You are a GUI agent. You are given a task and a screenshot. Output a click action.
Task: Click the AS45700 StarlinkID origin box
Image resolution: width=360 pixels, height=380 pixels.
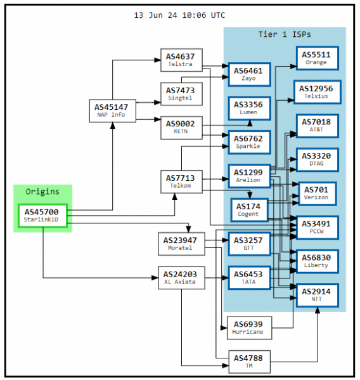coord(42,214)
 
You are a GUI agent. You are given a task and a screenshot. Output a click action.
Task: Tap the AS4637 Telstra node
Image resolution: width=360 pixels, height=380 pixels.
coord(181,60)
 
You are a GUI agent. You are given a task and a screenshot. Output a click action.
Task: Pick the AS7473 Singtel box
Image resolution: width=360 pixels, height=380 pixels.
coord(181,94)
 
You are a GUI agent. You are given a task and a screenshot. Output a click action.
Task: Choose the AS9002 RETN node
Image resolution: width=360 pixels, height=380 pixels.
coord(181,128)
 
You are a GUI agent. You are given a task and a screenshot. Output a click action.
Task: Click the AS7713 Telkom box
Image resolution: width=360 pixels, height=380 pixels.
coord(181,181)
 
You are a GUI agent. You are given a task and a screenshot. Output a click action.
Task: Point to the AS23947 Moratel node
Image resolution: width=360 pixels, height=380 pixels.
coord(181,244)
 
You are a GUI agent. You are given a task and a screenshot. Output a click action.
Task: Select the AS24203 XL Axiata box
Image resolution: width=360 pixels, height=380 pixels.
coord(181,278)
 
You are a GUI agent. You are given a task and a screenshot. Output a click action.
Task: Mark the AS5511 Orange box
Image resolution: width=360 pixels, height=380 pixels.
coord(316,58)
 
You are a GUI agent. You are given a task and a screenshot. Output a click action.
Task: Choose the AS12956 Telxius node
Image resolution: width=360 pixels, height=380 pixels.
coord(316,92)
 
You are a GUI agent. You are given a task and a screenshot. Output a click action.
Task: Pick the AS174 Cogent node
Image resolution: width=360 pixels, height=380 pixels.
coord(249,209)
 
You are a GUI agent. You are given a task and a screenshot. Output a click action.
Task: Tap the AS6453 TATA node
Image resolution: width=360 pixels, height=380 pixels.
coord(249,278)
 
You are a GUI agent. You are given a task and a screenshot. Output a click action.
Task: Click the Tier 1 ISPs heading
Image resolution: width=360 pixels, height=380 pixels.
coord(285,34)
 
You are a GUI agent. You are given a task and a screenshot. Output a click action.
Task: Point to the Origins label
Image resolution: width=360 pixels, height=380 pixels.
coord(42,192)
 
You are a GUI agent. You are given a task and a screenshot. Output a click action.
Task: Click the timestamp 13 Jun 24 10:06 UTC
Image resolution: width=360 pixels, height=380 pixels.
coord(180,15)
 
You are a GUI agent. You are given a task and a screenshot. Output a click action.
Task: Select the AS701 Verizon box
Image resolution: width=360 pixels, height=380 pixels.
coord(316,193)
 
